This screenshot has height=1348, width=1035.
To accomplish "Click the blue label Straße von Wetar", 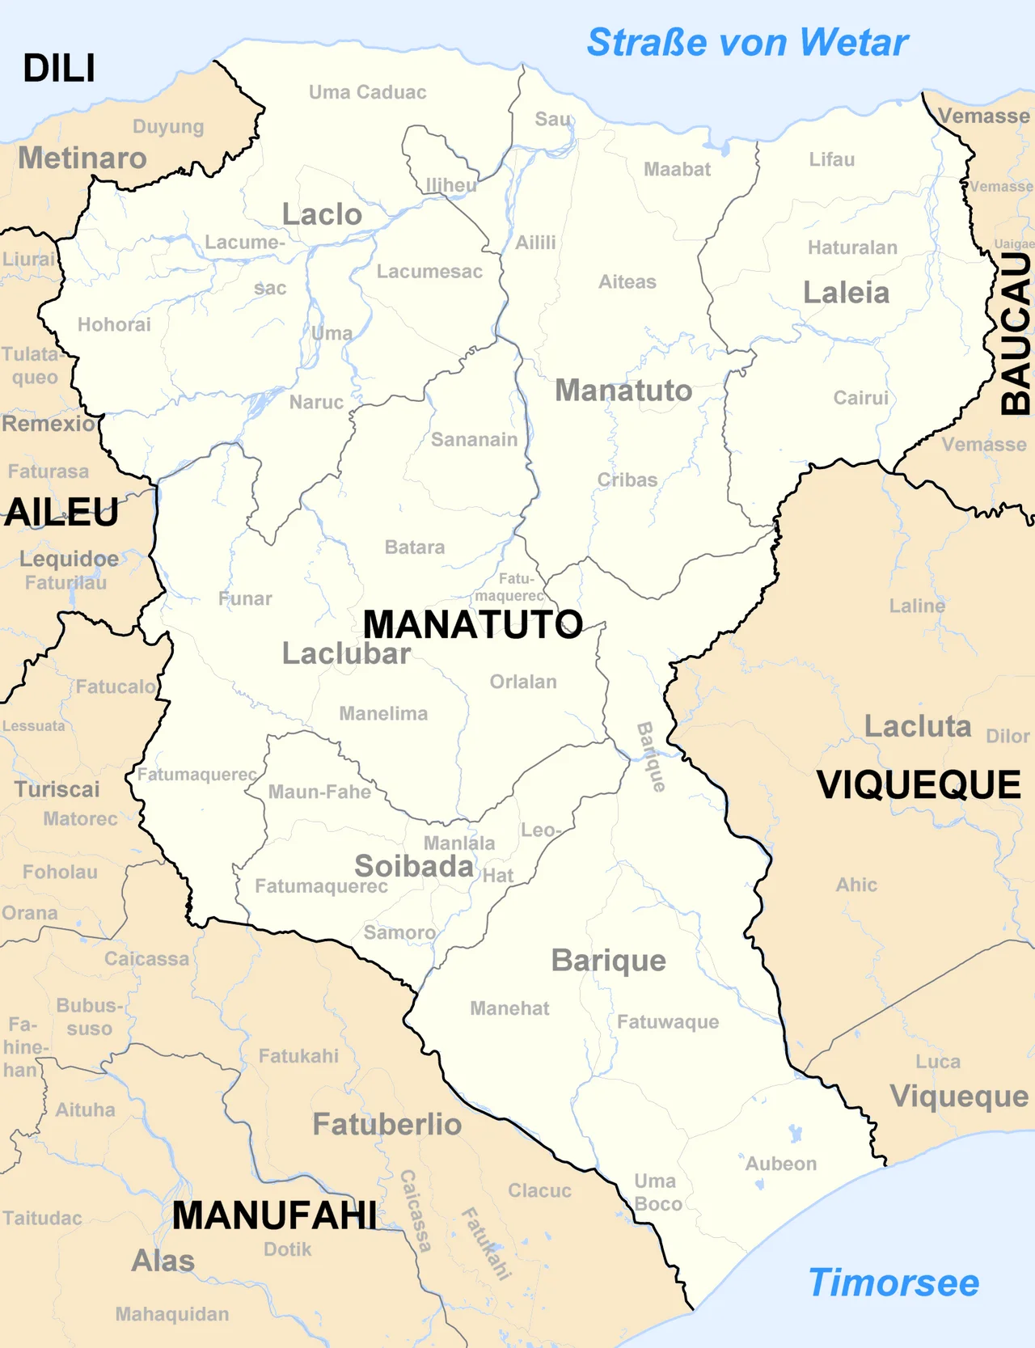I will click(x=747, y=43).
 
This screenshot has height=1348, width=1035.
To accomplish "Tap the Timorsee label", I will click(x=893, y=1283).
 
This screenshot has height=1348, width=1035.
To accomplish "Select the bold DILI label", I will click(x=59, y=69).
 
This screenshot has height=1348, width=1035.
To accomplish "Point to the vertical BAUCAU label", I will click(x=1016, y=334).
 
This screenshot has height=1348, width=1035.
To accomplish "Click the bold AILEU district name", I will click(x=61, y=513).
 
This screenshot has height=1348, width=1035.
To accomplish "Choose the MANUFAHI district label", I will click(x=274, y=1215).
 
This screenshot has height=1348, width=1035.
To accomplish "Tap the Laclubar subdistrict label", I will click(x=346, y=653).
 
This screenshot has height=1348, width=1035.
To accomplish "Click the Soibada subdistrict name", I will click(x=414, y=866).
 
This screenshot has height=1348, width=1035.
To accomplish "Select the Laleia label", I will click(x=846, y=293).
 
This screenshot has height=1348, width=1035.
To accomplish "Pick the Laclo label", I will click(x=322, y=215).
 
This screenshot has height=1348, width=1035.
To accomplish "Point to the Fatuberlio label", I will click(x=387, y=1124).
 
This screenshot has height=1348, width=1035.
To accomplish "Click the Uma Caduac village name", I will click(x=367, y=92).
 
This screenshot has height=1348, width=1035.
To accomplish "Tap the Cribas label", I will click(x=627, y=480).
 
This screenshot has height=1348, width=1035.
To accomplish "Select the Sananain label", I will click(x=474, y=440).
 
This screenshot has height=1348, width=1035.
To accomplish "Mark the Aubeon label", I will click(x=780, y=1164).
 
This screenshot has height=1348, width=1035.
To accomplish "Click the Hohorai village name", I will click(x=114, y=324).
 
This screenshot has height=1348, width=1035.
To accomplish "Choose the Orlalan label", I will click(x=523, y=682).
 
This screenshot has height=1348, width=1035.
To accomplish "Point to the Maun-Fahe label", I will click(x=319, y=792).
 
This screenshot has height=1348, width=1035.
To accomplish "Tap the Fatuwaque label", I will click(x=668, y=1022).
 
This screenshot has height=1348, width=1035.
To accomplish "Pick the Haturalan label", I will click(x=852, y=247).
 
